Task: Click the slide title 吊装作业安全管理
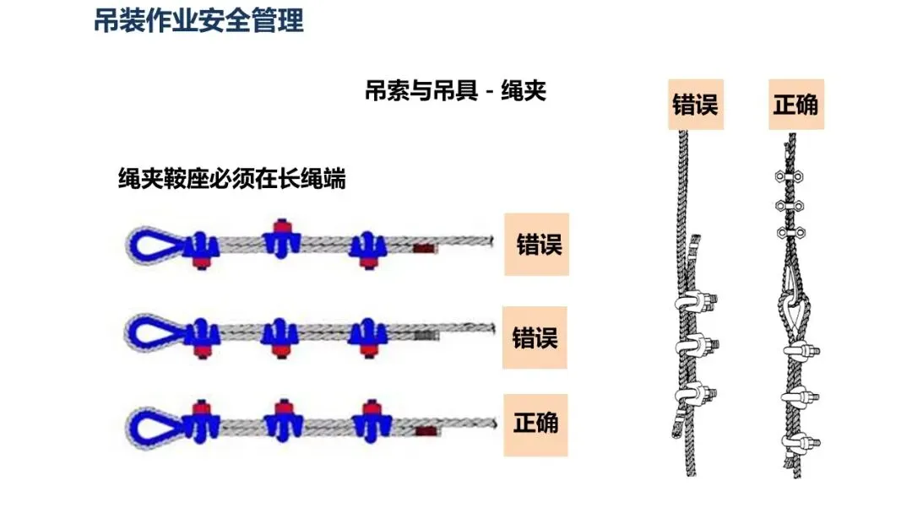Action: (x=198, y=20)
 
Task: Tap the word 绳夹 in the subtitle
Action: (x=524, y=90)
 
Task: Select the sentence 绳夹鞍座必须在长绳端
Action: (x=231, y=179)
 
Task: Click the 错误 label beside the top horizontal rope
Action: (x=538, y=245)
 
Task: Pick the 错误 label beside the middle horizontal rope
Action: (x=535, y=337)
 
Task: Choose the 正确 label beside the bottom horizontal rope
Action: (x=535, y=422)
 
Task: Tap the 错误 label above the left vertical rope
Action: (x=695, y=104)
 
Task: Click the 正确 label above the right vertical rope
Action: (x=795, y=104)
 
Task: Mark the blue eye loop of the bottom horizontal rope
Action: (x=153, y=421)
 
